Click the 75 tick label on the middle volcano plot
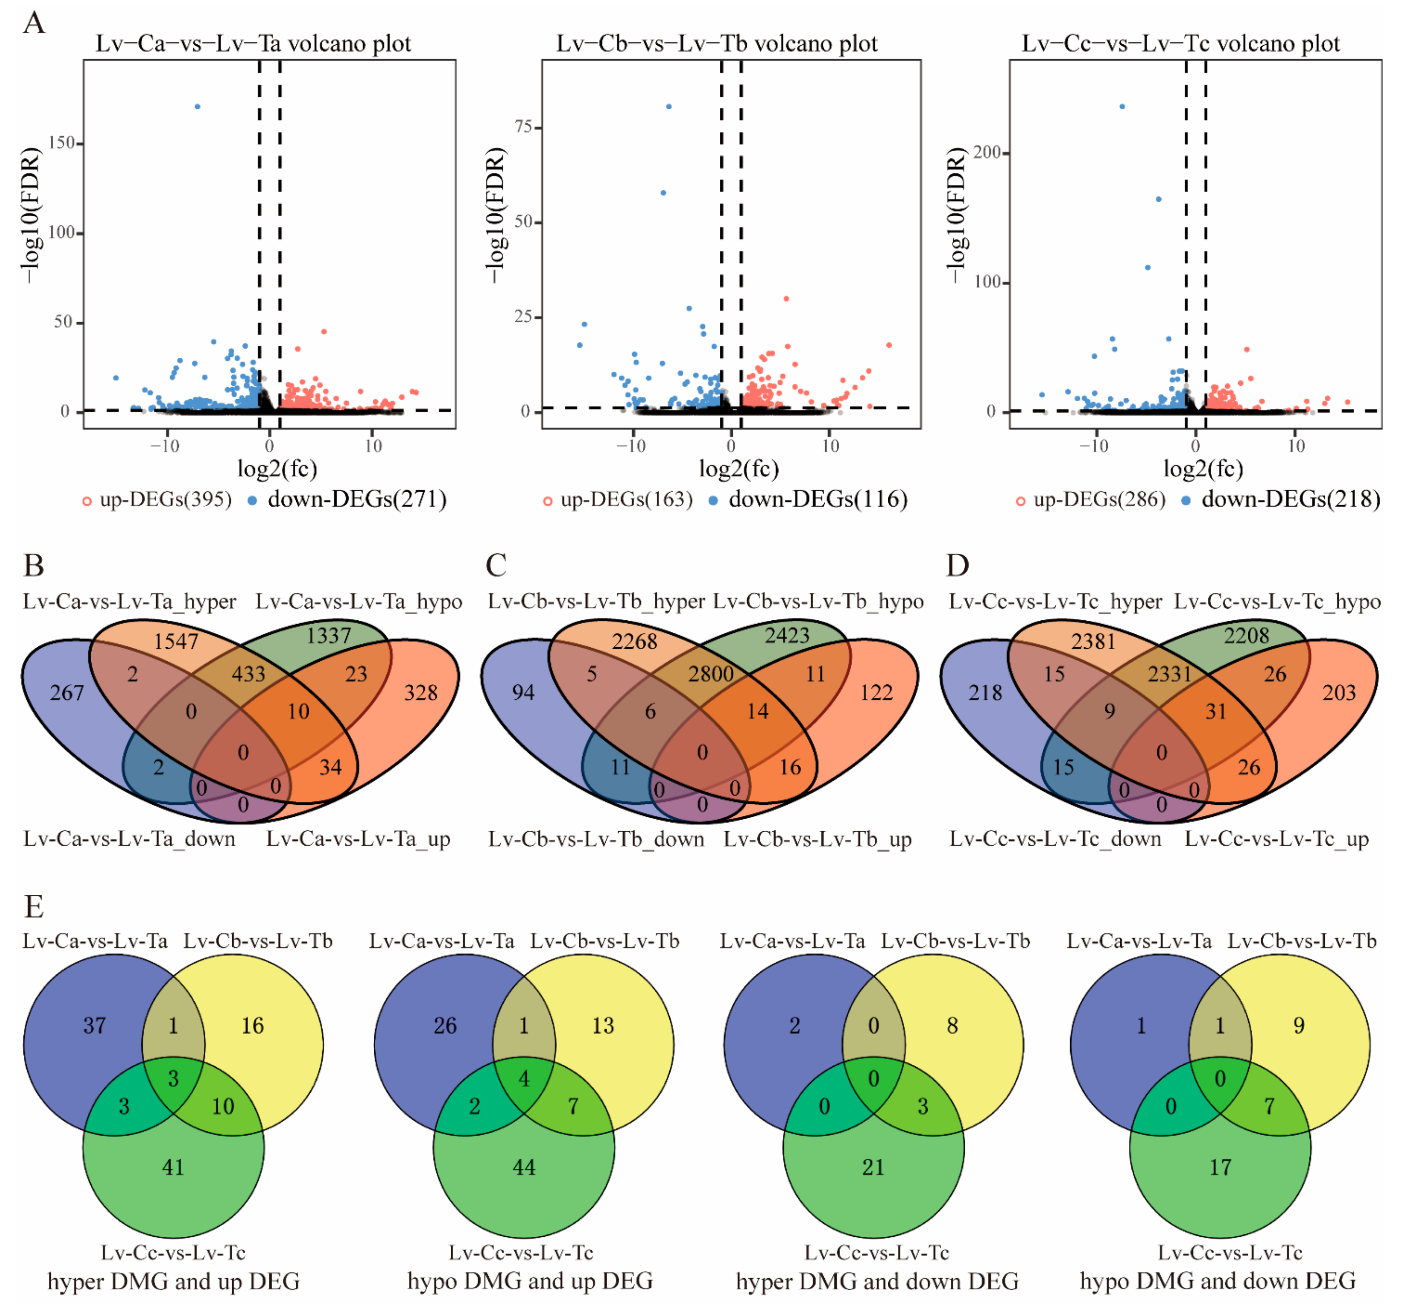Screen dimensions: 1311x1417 pyautogui.click(x=524, y=127)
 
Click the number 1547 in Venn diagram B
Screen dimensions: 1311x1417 pyautogui.click(x=176, y=641)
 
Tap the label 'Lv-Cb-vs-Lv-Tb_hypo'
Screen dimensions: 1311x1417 pyautogui.click(x=818, y=602)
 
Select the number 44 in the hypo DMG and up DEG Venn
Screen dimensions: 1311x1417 pyautogui.click(x=524, y=1167)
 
